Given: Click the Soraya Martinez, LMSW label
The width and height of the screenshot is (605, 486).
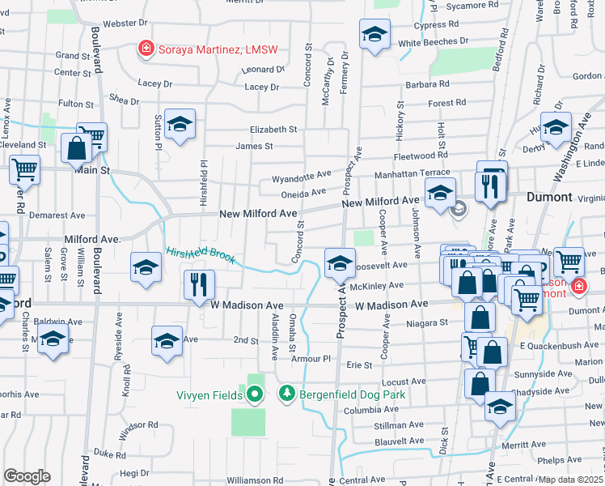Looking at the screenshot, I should click(x=217, y=49).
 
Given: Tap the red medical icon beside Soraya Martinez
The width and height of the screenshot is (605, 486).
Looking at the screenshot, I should click(x=146, y=49).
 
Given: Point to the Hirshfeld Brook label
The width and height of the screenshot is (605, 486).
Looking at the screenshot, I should click(x=201, y=255).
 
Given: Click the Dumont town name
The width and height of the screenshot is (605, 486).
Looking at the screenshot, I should click(x=549, y=197).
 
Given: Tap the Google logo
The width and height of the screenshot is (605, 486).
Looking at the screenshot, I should click(x=27, y=475).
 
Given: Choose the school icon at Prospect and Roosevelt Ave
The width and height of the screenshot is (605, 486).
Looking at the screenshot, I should click(x=340, y=262).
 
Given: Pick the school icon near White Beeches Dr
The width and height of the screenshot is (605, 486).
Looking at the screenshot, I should click(x=374, y=34).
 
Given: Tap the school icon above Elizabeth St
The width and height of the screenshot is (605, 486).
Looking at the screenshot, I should click(x=180, y=124).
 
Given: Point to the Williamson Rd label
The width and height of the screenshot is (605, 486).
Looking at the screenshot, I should click(x=255, y=480).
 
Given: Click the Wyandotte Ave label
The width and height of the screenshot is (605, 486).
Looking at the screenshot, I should click(x=301, y=175).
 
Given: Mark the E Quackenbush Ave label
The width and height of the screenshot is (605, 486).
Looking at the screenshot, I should click(x=559, y=345).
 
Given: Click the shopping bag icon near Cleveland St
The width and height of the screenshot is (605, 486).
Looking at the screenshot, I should click(x=76, y=149).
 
